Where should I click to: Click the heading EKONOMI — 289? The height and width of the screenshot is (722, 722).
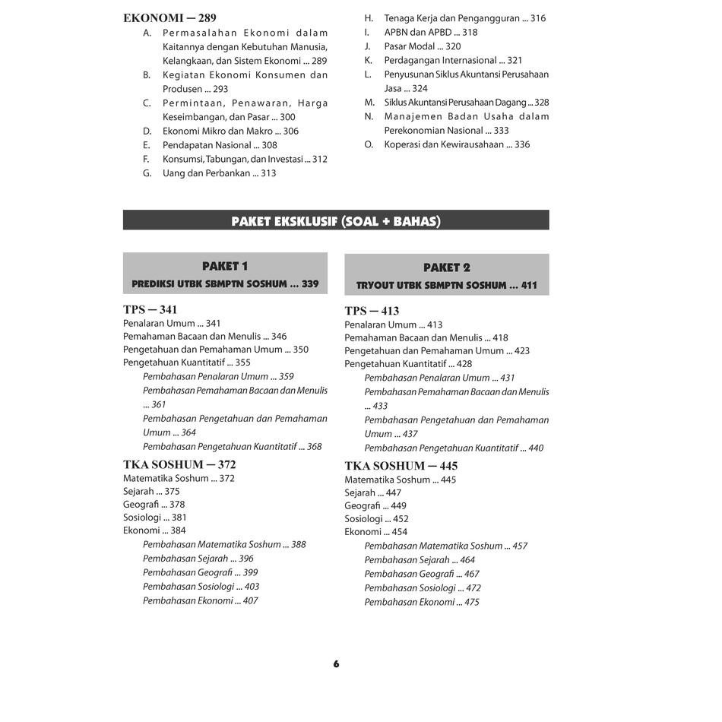pos(169,17)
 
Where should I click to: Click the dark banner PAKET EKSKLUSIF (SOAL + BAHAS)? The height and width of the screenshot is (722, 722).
pos(336,221)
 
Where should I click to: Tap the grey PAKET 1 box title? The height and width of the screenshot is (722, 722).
pos(225,266)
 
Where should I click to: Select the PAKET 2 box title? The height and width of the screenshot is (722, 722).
pos(447,268)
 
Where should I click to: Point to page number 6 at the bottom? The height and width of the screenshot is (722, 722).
pos(336,664)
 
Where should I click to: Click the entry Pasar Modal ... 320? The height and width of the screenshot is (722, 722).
pos(422,46)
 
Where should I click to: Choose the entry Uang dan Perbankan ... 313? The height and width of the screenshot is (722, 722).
pos(219,173)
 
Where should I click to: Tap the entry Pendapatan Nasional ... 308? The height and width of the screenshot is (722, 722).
pos(220,145)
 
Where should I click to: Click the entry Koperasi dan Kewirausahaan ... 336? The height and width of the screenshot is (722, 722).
pos(457,144)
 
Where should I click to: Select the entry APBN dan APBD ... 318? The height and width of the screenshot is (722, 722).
pos(430,32)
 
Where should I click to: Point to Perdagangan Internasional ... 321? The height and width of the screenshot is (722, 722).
pos(453,60)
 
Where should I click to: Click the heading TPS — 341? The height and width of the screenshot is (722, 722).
pos(150,309)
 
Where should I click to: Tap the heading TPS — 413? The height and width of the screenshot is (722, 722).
pos(372,311)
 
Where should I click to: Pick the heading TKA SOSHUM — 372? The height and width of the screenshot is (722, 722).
pos(179,464)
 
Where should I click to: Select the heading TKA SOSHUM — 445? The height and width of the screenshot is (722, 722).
pos(401,466)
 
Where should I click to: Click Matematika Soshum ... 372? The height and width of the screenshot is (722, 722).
pos(179,479)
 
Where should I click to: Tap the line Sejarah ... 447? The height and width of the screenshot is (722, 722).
pos(372,493)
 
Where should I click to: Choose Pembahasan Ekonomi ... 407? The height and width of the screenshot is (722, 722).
pos(200,600)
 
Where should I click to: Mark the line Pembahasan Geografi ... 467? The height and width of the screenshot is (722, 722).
pos(422,574)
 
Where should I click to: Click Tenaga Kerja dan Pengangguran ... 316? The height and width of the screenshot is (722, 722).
pos(464,18)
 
